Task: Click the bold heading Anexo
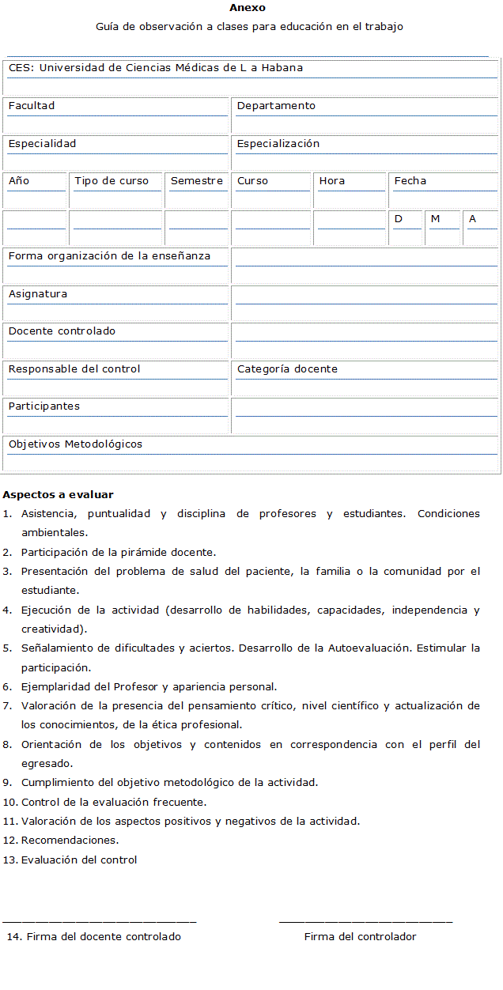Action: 248,8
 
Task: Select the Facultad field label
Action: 32,106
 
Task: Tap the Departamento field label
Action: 276,106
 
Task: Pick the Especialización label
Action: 278,144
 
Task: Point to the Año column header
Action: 19,181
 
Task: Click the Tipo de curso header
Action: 112,181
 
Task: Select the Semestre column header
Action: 197,181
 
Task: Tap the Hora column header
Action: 332,181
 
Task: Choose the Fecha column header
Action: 410,181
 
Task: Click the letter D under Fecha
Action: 399,219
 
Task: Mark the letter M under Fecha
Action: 435,219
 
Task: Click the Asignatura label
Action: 38,294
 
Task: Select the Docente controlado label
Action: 62,331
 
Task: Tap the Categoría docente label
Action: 287,369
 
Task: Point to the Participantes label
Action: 44,406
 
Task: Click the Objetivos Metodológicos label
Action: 75,444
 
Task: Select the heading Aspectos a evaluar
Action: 58,495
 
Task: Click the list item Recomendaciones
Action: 70,841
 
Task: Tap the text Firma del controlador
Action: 360,937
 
